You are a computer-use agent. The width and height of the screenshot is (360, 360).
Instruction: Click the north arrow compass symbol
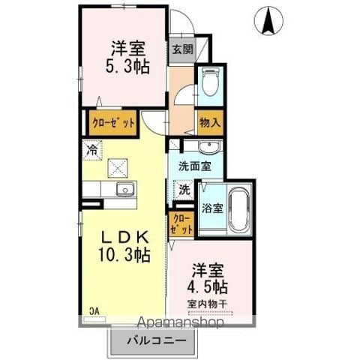pyautogui.click(x=268, y=20)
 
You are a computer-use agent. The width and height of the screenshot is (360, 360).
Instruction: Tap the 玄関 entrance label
pyautogui.click(x=183, y=49)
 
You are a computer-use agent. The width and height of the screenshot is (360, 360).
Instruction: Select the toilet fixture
pyautogui.click(x=210, y=82)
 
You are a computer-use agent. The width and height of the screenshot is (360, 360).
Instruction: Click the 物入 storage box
pyautogui.click(x=210, y=123)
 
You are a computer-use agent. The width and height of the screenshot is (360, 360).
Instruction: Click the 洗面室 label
pyautogui.click(x=195, y=166)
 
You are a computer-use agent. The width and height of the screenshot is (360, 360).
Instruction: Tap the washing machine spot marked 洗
pyautogui.click(x=184, y=190)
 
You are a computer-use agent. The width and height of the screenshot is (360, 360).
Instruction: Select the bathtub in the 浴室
pyautogui.click(x=239, y=209)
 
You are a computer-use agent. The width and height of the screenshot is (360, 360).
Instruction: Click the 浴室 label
pyautogui.click(x=212, y=208)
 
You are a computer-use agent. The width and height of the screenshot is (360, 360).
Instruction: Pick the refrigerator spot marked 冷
pyautogui.click(x=92, y=150)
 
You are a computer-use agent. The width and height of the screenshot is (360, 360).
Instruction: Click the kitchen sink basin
pyautogui.click(x=125, y=189)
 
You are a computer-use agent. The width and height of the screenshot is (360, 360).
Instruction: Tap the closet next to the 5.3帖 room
pyautogui.click(x=113, y=123)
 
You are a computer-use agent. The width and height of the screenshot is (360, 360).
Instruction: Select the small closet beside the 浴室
pyautogui.click(x=181, y=224)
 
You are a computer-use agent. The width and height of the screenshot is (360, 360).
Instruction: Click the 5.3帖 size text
pyautogui.click(x=127, y=66)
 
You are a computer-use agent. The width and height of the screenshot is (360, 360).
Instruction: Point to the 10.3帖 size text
pyautogui.click(x=124, y=254)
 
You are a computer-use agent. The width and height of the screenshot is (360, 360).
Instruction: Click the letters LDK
pyautogui.click(x=124, y=238)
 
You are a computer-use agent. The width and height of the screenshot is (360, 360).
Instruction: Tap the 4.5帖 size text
pyautogui.click(x=208, y=286)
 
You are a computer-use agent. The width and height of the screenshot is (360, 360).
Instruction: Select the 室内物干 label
pyautogui.click(x=207, y=304)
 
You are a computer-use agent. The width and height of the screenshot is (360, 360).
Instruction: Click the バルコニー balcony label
pyautogui.click(x=157, y=340)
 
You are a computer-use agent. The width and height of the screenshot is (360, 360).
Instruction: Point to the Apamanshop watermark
pyautogui.click(x=181, y=322)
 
